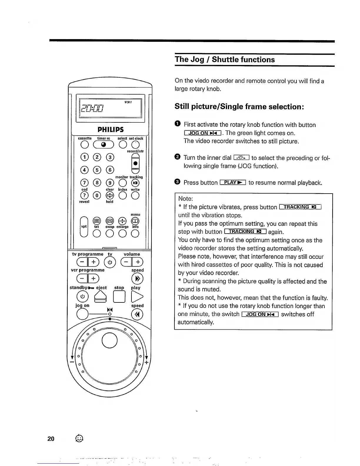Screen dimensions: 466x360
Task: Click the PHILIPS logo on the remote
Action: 110,129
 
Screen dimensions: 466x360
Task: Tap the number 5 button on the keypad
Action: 97,170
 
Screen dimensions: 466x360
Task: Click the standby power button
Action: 82,296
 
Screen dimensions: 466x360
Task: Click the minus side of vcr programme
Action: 82,278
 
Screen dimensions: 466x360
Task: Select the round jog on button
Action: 82,314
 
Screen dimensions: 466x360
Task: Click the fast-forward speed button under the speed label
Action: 137,279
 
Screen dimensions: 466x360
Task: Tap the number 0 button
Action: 97,195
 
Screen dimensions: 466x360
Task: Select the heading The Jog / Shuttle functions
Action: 225,59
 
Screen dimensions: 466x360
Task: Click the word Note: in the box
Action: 185,199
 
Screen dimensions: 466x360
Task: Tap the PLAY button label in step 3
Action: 233,182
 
